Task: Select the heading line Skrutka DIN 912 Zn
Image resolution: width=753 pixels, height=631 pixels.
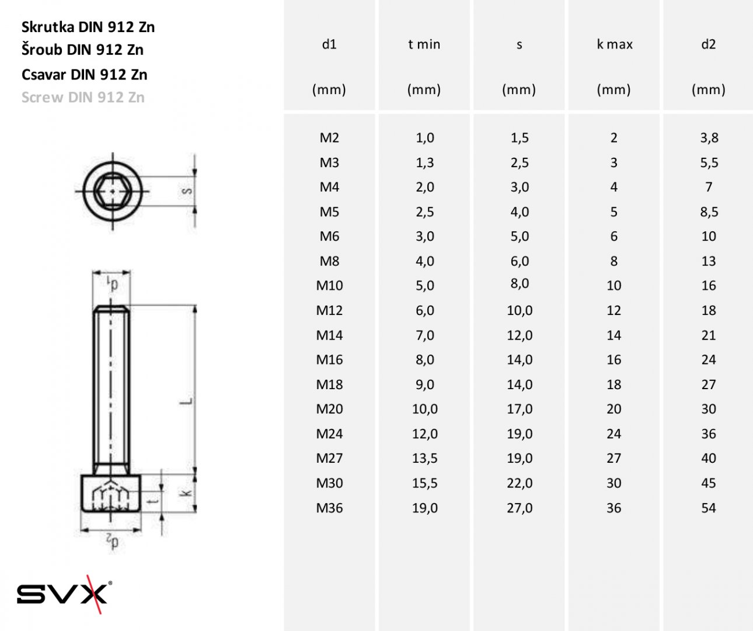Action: tap(88, 27)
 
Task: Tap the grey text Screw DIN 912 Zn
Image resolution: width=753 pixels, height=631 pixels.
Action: tap(83, 98)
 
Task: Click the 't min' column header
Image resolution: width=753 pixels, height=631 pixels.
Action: tap(424, 44)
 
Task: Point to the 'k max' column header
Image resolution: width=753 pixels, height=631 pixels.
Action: tap(615, 44)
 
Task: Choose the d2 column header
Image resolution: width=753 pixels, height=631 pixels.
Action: tap(708, 44)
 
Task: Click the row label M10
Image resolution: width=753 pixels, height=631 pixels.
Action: tap(329, 286)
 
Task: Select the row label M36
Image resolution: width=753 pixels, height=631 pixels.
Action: tap(329, 508)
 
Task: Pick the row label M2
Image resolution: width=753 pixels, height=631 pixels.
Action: tap(329, 137)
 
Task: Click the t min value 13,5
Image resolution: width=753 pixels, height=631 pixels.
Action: tap(425, 458)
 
